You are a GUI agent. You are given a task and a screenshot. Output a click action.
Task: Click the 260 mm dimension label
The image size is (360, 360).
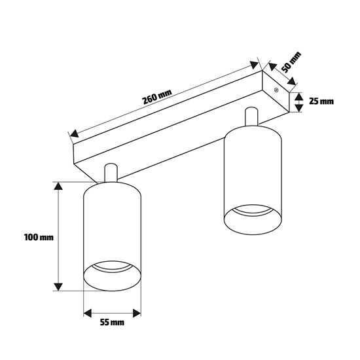pyautogui.click(x=157, y=97)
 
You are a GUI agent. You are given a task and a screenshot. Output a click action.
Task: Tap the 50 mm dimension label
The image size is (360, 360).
pyautogui.click(x=291, y=62)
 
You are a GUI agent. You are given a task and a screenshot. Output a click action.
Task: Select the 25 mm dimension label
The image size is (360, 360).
pyautogui.click(x=321, y=101)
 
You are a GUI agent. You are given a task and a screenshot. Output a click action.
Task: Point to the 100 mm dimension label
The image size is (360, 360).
pyautogui.click(x=39, y=237)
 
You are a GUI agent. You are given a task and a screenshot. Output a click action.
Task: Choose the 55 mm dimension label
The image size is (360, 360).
pyautogui.click(x=112, y=322)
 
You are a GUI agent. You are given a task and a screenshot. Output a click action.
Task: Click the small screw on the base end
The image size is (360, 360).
pyautogui.click(x=276, y=90)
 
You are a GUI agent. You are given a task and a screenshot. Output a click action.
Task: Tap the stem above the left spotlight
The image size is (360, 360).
pyautogui.click(x=111, y=173)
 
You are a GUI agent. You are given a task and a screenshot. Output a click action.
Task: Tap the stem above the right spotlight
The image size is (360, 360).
pyautogui.click(x=251, y=117)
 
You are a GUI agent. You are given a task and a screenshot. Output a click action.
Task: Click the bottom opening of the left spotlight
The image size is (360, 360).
pyautogui.click(x=112, y=276)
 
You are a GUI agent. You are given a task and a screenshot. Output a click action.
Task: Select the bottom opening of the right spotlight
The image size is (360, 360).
pyautogui.click(x=253, y=220)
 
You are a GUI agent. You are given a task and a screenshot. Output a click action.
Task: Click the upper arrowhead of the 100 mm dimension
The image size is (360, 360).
pyautogui.click(x=58, y=186)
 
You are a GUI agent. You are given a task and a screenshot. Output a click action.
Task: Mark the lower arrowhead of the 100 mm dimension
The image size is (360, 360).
pyautogui.click(x=58, y=287)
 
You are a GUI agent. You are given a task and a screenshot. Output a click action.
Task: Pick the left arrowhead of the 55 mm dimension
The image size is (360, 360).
pyautogui.click(x=88, y=313)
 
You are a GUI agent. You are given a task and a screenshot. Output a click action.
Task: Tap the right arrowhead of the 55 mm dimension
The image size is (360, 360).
pyautogui.click(x=137, y=313)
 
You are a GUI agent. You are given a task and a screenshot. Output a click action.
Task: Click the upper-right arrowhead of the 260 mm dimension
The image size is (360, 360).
pyautogui.click(x=254, y=65)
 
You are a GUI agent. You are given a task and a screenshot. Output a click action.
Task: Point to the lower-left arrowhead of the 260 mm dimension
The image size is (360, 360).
pyautogui.click(x=75, y=134)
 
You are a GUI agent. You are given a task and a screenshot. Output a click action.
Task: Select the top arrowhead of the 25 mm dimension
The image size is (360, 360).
pyautogui.click(x=298, y=97)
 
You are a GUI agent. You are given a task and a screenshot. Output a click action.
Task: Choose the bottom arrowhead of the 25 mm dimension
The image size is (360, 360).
pyautogui.click(x=298, y=108)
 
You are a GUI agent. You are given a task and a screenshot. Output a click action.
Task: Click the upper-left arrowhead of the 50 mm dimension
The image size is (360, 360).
pyautogui.click(x=272, y=66)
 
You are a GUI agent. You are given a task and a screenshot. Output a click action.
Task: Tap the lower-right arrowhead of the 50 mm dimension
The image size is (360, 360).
pyautogui.click(x=291, y=81)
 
